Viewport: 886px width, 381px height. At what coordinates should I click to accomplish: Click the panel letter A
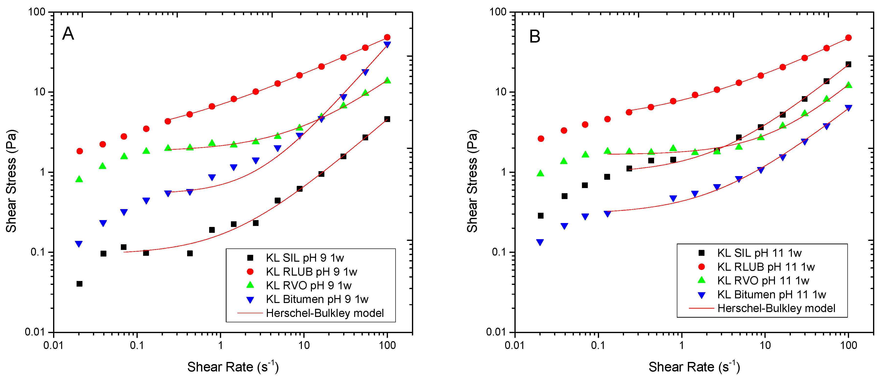coord(68,34)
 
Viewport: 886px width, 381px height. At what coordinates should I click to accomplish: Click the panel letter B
coord(534,36)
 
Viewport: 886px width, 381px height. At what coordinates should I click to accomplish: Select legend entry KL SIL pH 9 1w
coord(304,258)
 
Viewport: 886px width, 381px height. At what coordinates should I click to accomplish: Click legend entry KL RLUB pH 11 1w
coord(766,267)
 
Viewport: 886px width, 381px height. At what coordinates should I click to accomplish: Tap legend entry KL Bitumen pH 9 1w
coord(317,299)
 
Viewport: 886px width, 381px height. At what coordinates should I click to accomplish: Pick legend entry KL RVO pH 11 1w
coord(763,280)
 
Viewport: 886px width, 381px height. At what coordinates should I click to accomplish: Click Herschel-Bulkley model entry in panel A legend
coord(324,313)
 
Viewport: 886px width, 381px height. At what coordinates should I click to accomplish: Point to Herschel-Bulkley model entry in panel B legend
coord(776,308)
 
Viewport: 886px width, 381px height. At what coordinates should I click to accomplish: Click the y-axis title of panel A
coord(11,181)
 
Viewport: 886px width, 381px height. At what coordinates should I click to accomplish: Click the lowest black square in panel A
coord(80,284)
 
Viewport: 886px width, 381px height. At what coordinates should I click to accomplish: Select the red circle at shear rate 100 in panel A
coord(387,37)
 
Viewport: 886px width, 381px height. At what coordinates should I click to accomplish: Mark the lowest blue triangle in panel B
coord(540,242)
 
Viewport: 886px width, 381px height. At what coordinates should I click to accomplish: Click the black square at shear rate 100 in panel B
coord(848,64)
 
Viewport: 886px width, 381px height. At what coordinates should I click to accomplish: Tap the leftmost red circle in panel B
coord(541,139)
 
